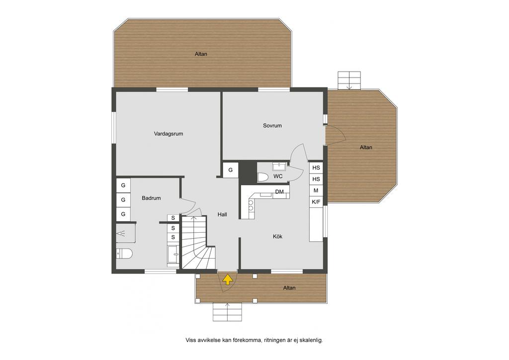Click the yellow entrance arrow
228,279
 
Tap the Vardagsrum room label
169,133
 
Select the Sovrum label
272,126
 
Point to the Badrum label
151,198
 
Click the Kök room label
277,237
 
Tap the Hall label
222,215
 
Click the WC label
278,176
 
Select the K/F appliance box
316,201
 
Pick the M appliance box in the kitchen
316,190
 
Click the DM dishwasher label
279,192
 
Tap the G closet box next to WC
231,170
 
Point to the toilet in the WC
262,177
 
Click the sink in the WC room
279,167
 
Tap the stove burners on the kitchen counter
251,204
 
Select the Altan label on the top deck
201,54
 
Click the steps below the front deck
227,312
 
